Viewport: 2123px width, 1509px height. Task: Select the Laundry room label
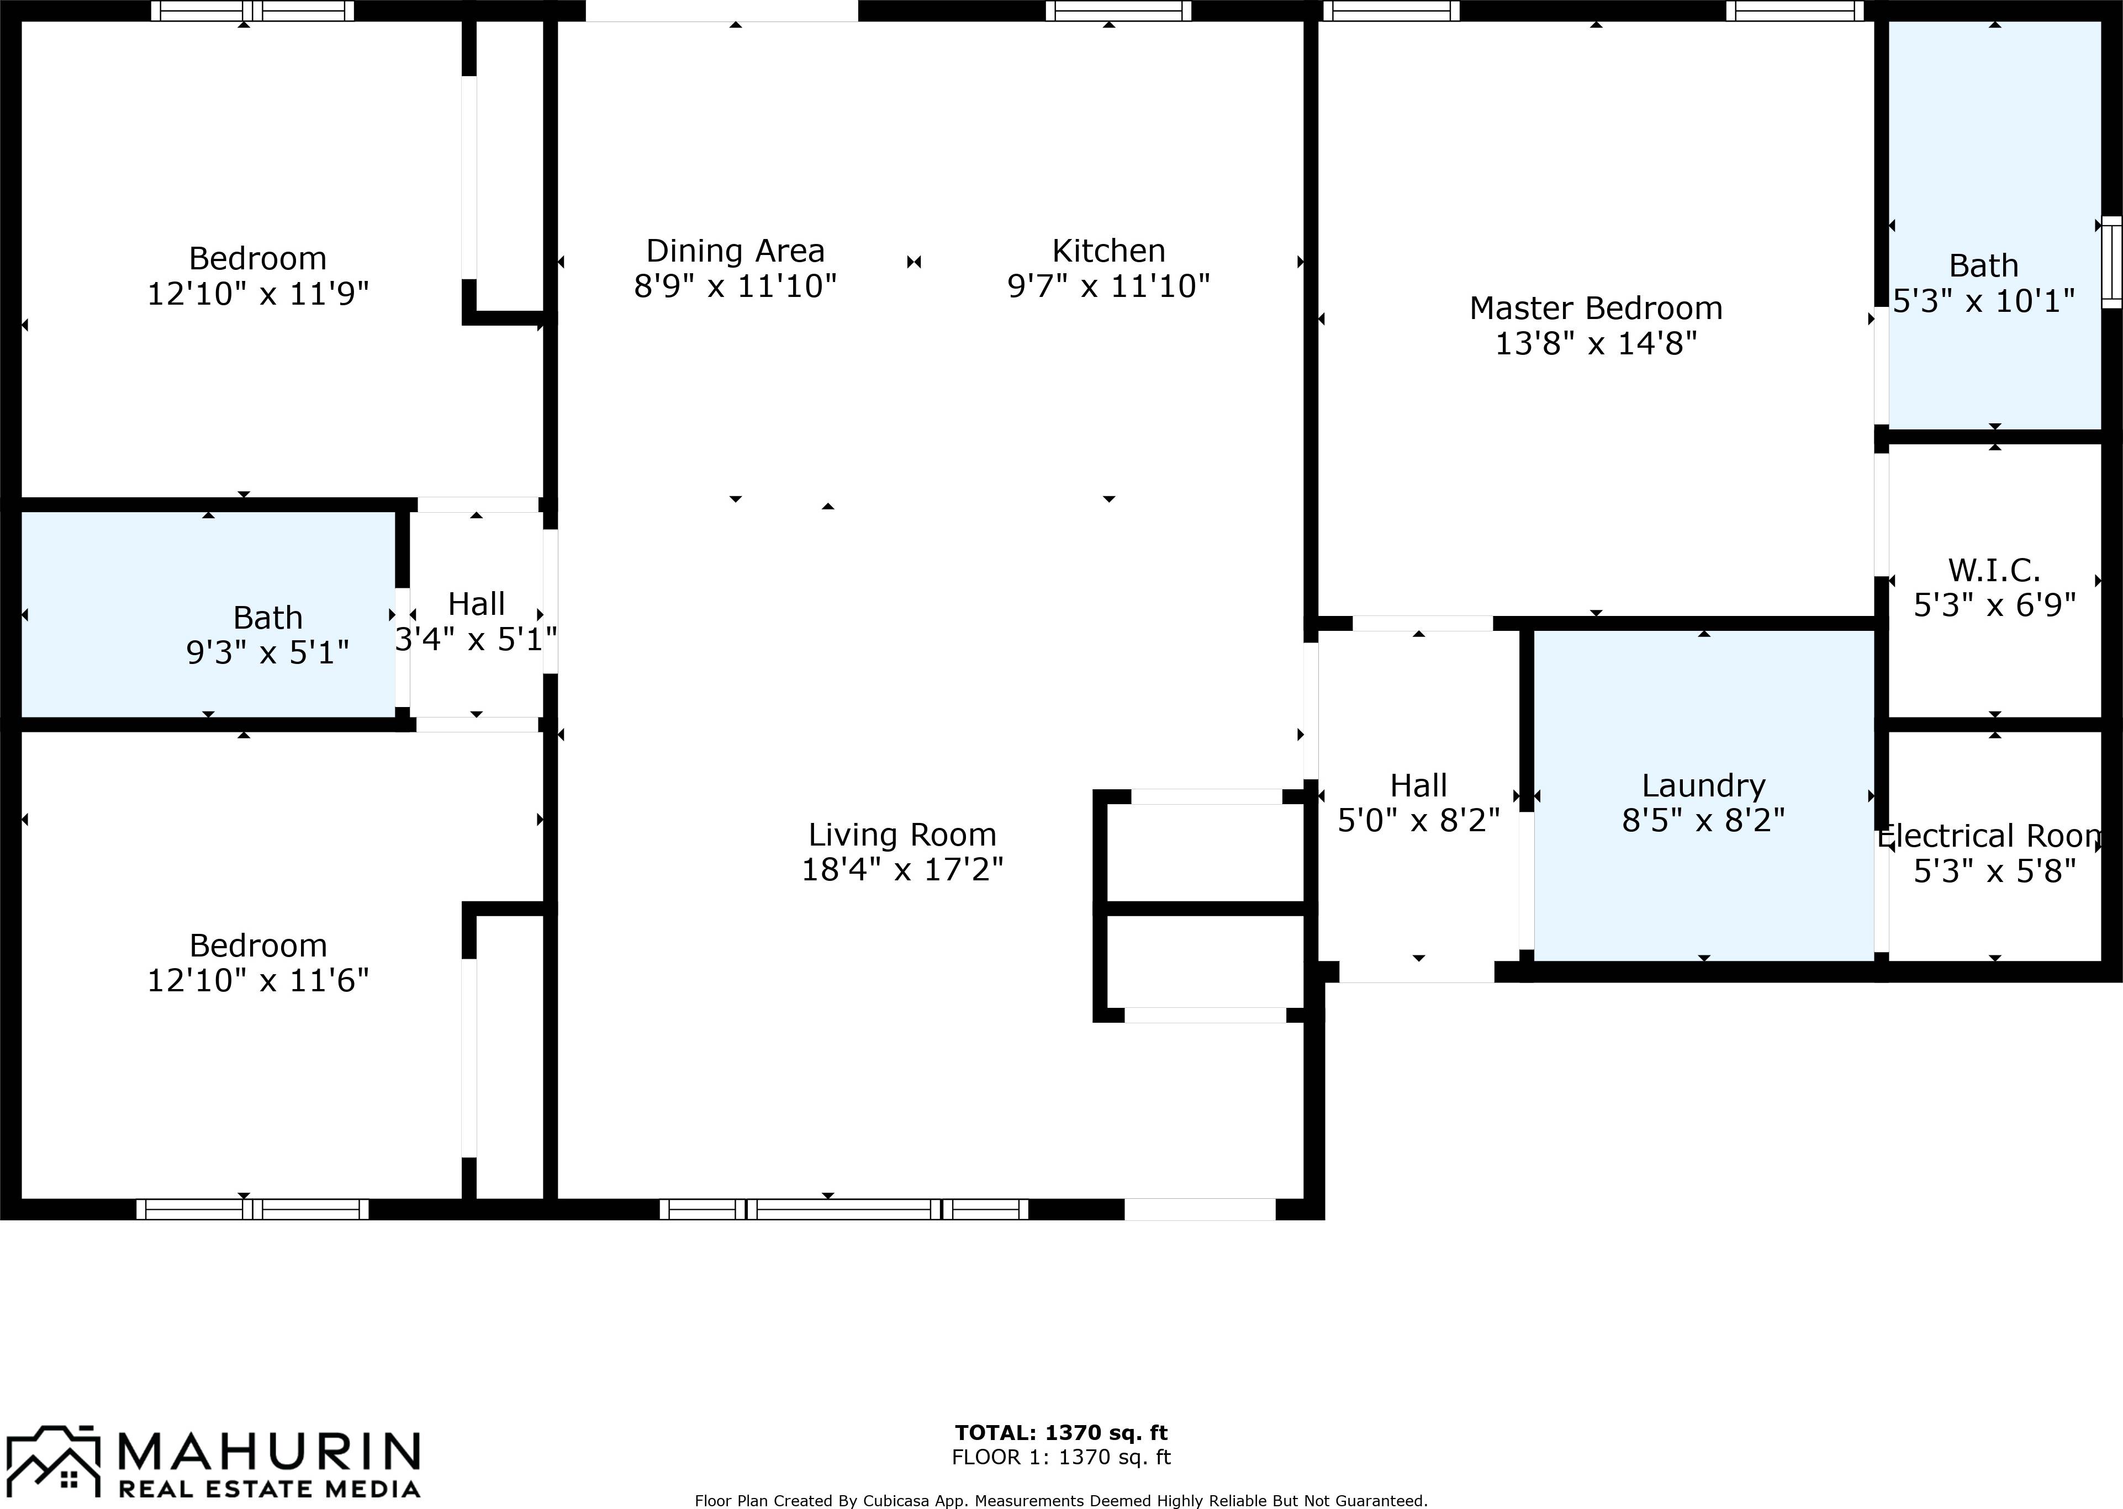(x=1703, y=786)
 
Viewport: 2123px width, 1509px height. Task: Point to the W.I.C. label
(x=1994, y=570)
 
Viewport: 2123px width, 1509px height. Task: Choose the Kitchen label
(x=1108, y=251)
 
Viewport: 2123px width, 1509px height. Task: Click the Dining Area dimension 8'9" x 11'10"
(x=735, y=286)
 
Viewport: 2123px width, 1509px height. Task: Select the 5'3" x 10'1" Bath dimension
(x=1984, y=301)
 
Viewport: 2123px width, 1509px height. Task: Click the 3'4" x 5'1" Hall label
(x=476, y=604)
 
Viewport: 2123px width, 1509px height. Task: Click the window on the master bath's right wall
(x=2111, y=262)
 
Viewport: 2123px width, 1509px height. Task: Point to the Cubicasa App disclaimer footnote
(x=1060, y=1500)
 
